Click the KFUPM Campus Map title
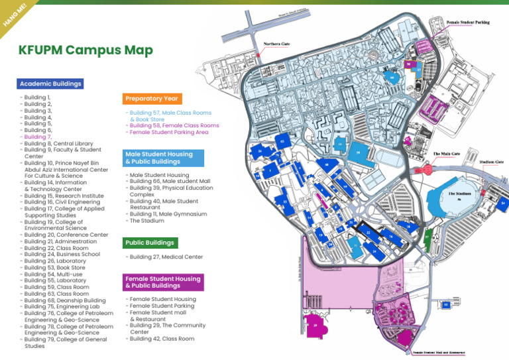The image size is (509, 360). coord(85,50)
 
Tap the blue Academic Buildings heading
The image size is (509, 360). coord(50,84)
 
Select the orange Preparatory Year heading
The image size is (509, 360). coord(152,99)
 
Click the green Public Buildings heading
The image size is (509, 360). coord(149,243)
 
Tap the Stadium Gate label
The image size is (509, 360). coord(490,161)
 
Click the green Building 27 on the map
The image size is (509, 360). coord(427,236)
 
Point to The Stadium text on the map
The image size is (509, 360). coord(459,194)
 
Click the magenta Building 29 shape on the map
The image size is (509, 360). coord(316,325)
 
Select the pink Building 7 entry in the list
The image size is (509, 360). coord(37,137)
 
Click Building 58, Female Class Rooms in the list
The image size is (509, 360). coord(174,125)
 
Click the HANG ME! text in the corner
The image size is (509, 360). coord(14,14)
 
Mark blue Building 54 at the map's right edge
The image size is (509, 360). coord(504,203)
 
